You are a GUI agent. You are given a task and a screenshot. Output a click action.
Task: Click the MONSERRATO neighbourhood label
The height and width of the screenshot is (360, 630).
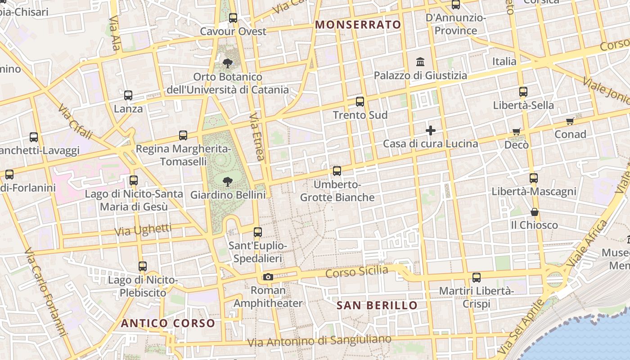pyautogui.click(x=358, y=25)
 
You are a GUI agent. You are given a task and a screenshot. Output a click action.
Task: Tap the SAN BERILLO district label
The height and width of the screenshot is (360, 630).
pyautogui.click(x=377, y=306)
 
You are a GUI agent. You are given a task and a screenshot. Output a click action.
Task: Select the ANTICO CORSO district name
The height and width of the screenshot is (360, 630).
pyautogui.click(x=168, y=323)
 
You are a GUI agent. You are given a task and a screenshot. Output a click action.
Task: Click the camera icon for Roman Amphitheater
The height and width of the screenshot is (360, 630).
pyautogui.click(x=268, y=277)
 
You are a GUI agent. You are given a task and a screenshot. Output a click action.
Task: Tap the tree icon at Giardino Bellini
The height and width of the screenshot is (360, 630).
pyautogui.click(x=228, y=182)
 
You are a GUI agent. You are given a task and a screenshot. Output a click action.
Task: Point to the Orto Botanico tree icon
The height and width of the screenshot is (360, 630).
pyautogui.click(x=228, y=63)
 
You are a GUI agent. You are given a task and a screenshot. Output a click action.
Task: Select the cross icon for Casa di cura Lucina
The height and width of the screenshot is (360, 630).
pyautogui.click(x=431, y=130)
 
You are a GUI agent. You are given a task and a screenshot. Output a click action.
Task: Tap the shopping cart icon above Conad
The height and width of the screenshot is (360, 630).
pyautogui.click(x=570, y=121)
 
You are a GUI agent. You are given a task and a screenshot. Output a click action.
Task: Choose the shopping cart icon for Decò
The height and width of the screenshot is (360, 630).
pyautogui.click(x=516, y=132)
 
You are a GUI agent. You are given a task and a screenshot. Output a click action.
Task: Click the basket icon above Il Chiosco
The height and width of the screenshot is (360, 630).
pyautogui.click(x=535, y=212)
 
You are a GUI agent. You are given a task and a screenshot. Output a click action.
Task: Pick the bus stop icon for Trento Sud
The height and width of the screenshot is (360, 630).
pyautogui.click(x=360, y=102)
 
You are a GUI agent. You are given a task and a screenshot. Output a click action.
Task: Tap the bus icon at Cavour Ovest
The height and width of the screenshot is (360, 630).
pyautogui.click(x=233, y=18)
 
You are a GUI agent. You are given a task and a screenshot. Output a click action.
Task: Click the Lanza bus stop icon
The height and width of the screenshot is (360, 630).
pyautogui.click(x=128, y=95)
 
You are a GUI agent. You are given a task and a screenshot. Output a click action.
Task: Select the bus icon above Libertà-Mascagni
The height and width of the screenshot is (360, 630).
pyautogui.click(x=534, y=178)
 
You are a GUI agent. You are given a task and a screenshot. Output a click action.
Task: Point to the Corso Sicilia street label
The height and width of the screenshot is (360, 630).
pyautogui.click(x=356, y=271)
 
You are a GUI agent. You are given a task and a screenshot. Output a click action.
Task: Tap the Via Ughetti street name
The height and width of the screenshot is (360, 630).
pyautogui.click(x=143, y=230)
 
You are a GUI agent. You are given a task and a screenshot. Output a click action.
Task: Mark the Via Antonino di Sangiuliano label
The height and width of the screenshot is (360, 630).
pyautogui.click(x=319, y=341)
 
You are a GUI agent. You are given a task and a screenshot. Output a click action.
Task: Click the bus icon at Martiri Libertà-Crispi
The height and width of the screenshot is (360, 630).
pyautogui.click(x=477, y=278)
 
